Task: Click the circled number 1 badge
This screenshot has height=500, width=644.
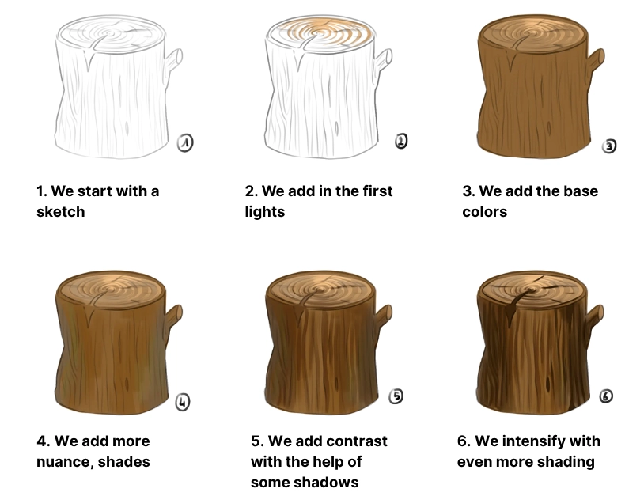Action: coord(184,143)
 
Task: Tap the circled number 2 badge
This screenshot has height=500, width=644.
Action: coord(401,142)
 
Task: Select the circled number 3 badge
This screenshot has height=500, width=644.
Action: coord(608,146)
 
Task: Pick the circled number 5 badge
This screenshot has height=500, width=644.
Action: coord(396,396)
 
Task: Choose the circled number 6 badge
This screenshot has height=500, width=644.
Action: coord(606,396)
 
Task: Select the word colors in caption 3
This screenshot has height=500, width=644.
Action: coord(484,211)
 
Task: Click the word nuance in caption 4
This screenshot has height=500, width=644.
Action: coord(63,461)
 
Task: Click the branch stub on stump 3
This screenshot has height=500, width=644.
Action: coord(596,60)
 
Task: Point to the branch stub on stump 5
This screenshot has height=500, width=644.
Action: coord(384,316)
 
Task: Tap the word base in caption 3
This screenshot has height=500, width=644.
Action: coord(580,191)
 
